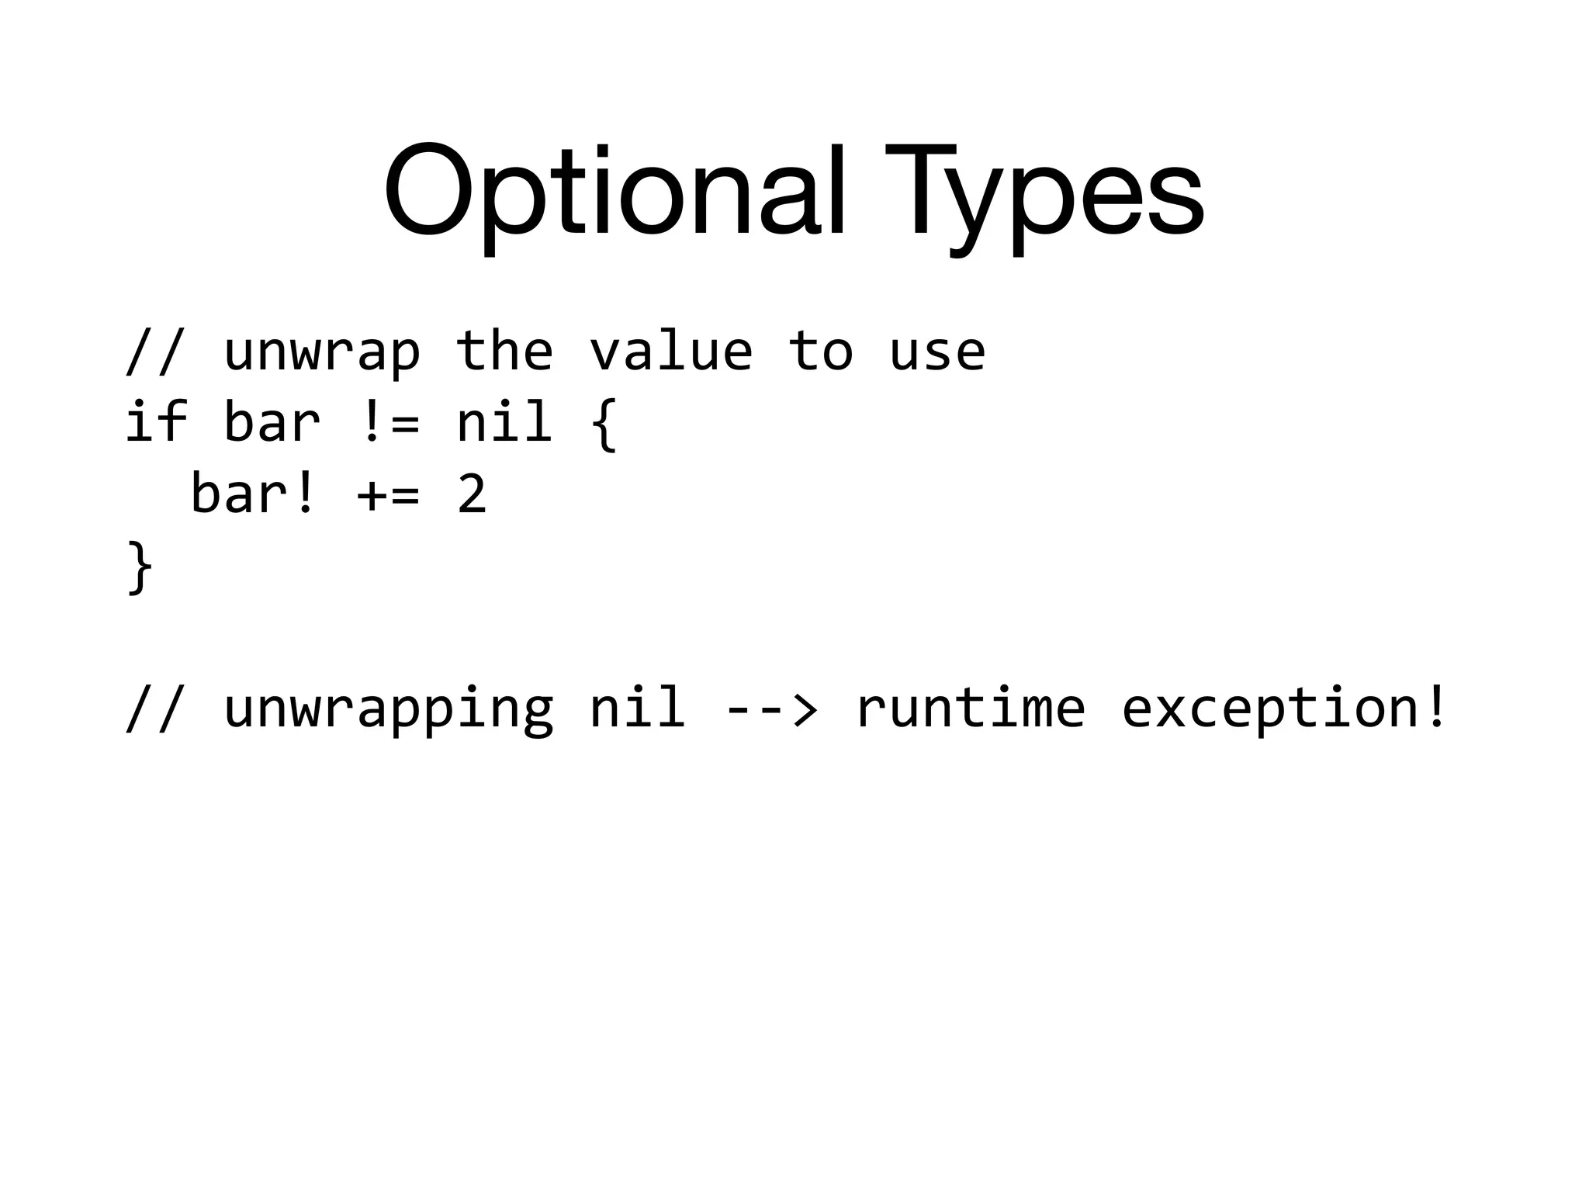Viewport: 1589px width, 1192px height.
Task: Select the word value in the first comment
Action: click(670, 351)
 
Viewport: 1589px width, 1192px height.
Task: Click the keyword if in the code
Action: click(156, 421)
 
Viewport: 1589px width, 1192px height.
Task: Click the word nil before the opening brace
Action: click(504, 421)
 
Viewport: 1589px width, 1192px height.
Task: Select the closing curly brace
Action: click(140, 567)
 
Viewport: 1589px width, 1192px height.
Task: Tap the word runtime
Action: click(970, 708)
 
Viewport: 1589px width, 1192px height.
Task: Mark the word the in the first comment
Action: click(504, 351)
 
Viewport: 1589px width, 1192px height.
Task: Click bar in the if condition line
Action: click(272, 421)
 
